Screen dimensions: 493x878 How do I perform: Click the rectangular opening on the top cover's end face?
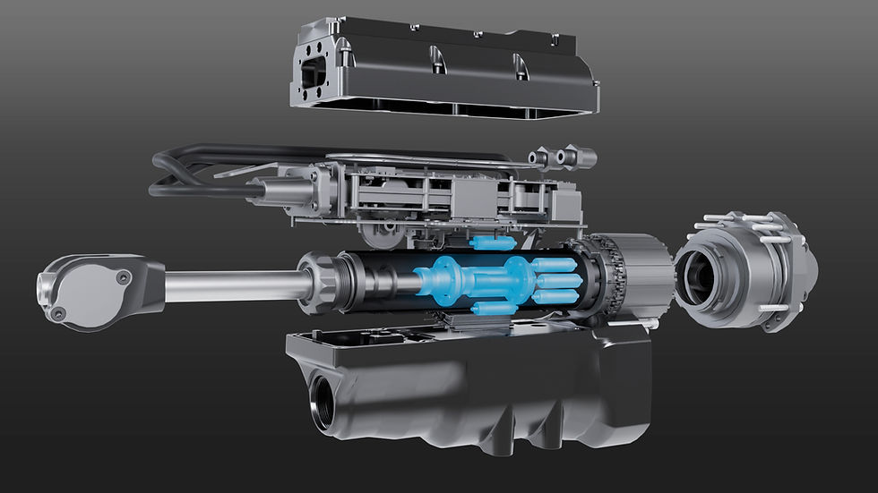314,76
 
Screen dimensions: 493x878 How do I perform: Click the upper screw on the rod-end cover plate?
123,276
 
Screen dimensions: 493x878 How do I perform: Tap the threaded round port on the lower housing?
323,404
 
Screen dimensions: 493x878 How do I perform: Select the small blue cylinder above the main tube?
492,242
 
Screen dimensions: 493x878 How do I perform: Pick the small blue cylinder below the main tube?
493,309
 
